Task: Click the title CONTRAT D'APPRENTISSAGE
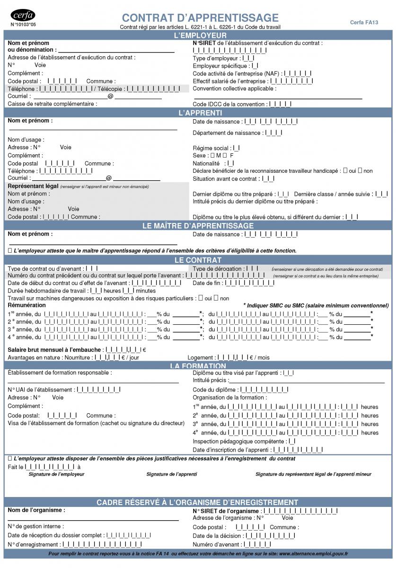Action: pos(200,18)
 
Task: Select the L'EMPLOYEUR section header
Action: pos(198,36)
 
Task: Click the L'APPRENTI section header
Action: pos(198,113)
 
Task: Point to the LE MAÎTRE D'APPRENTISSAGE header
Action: pos(198,226)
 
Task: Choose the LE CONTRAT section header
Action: pos(198,260)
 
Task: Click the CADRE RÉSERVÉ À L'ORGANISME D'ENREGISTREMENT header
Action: pos(198,502)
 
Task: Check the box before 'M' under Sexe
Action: pos(212,155)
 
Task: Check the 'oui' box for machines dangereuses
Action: pos(201,298)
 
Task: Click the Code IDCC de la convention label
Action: pos(229,104)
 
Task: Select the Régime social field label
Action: pos(212,148)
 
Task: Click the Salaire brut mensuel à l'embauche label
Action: pos(54,350)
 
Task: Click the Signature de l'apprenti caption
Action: pos(172,474)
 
